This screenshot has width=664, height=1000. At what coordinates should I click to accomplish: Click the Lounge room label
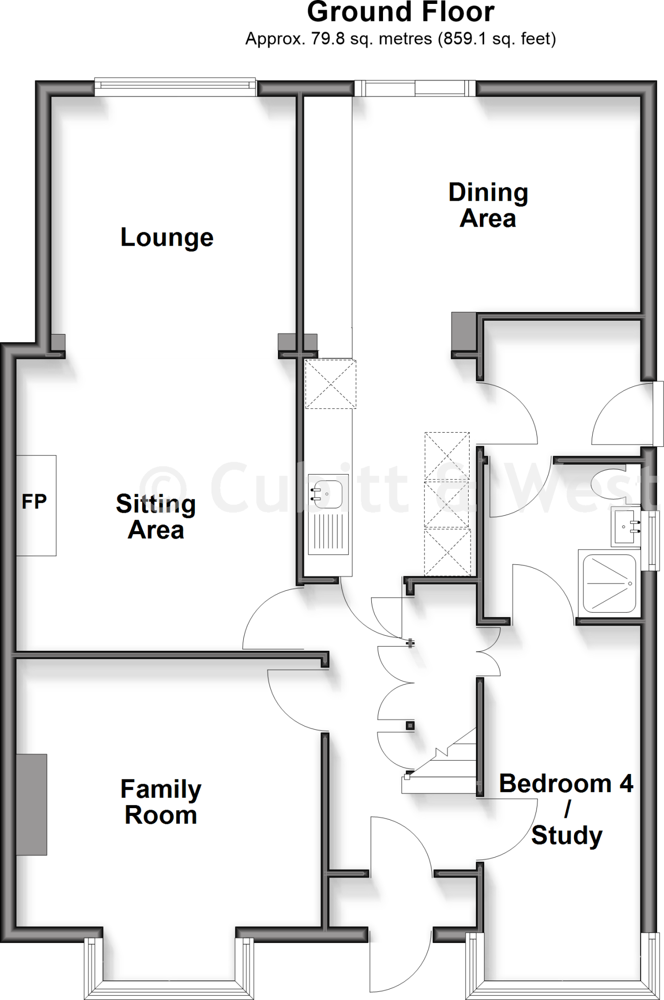tap(167, 238)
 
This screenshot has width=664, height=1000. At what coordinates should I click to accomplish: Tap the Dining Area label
tap(488, 206)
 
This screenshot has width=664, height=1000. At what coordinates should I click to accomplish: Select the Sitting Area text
tap(156, 517)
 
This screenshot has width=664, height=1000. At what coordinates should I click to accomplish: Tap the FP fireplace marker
tap(34, 502)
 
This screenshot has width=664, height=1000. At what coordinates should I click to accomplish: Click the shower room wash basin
tap(624, 526)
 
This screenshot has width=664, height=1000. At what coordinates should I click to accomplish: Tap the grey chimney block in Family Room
tap(32, 804)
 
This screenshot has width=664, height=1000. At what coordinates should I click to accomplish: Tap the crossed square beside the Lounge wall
tap(330, 384)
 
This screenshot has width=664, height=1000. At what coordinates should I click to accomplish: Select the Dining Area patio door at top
tap(415, 88)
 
